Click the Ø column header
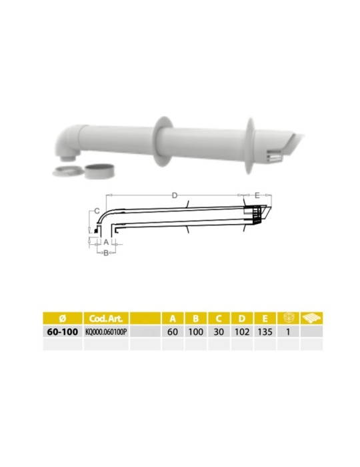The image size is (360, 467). click(61, 318)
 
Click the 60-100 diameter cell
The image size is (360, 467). click(61, 331)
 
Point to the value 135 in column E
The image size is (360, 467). click(264, 331)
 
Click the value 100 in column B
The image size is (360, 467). click(195, 331)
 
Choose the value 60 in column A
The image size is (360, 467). click(173, 331)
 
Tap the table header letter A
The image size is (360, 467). click(173, 318)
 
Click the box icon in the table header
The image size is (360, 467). click(287, 318)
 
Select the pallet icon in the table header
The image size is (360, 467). click(311, 318)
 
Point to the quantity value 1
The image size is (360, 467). click(287, 331)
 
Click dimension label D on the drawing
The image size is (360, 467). click(174, 195)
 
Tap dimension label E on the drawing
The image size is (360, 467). click(257, 195)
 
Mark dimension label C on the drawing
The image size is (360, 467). click(97, 211)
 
